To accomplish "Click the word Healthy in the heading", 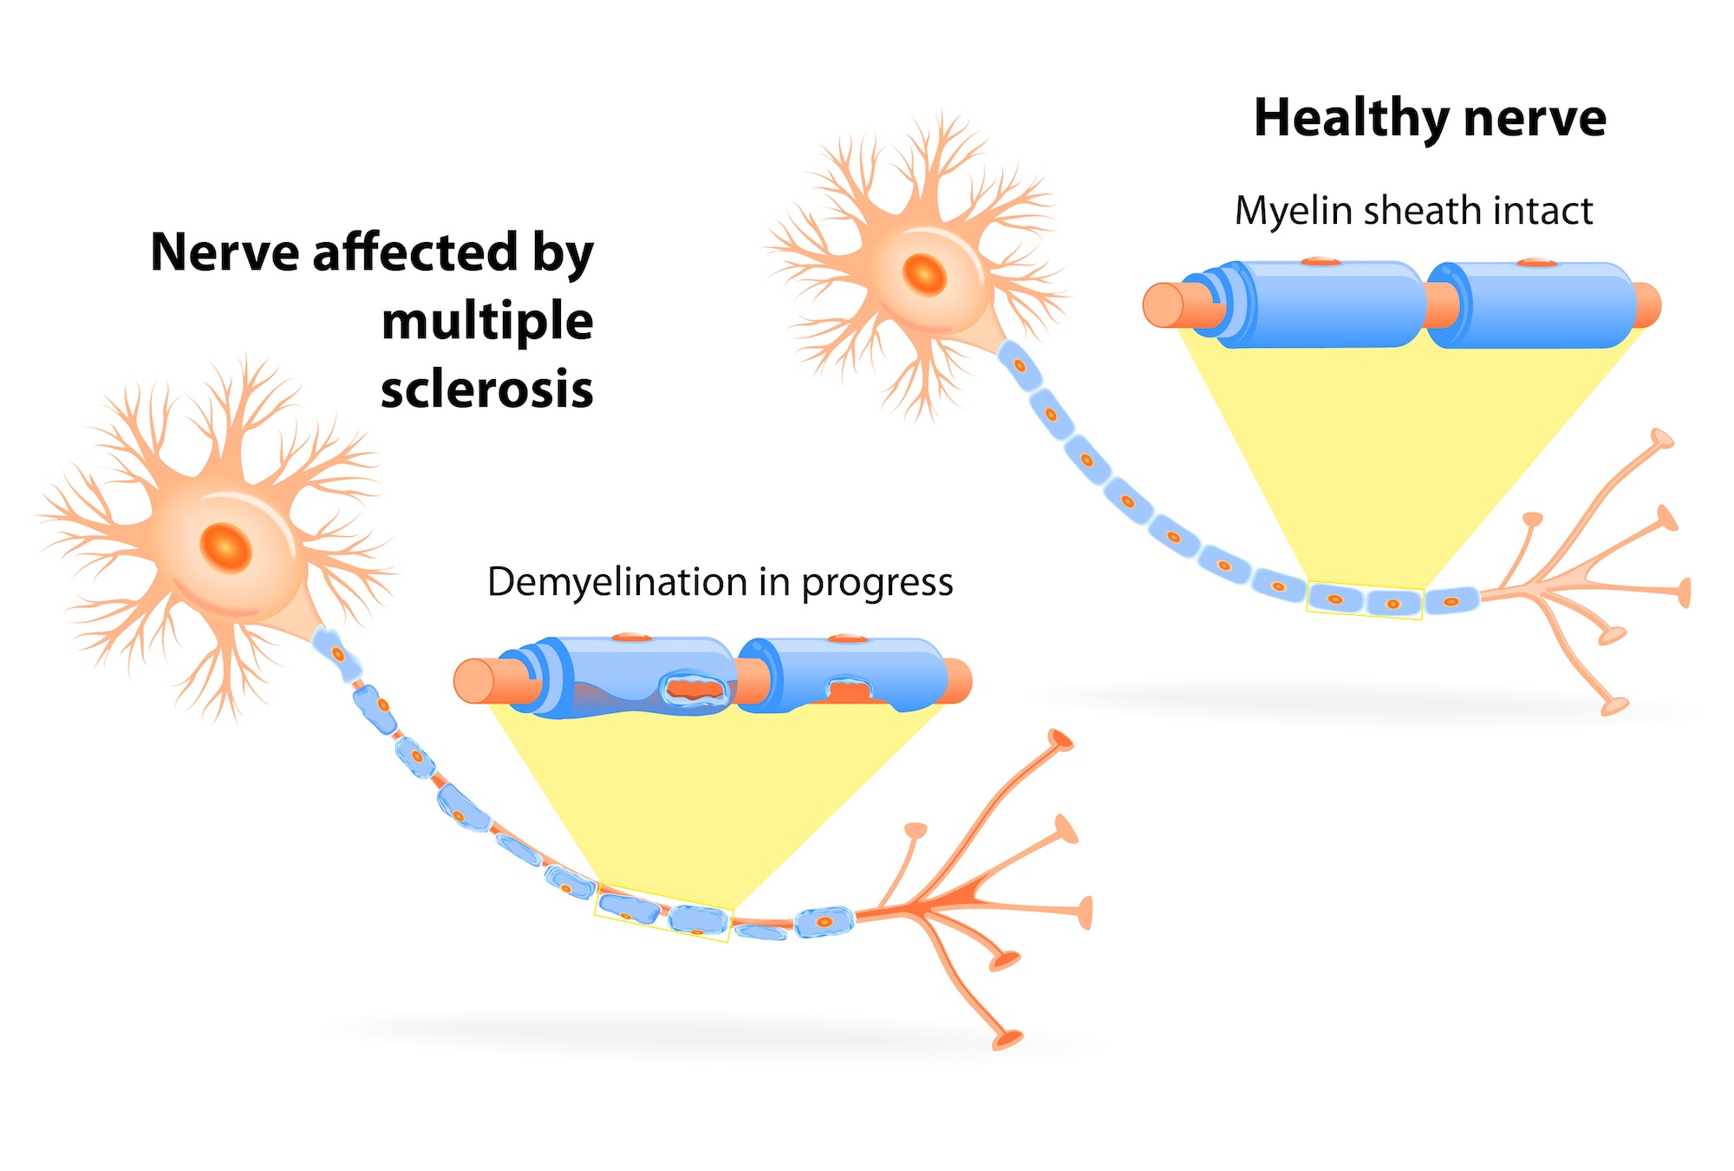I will point(1349,119).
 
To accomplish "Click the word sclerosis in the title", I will point(487,389).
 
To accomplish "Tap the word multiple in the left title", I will point(487,321).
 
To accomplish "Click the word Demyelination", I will point(616,582).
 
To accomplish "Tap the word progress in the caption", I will point(877,583).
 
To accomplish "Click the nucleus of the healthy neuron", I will point(924,274).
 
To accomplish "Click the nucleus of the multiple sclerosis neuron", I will point(225,547).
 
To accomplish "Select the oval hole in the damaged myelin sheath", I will point(693,690).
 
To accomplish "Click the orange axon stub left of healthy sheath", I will point(1166,305).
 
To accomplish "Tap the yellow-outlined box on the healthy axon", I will point(1364,599).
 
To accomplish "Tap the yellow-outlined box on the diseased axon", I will point(663,913).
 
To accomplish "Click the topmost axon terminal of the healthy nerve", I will point(1661,438).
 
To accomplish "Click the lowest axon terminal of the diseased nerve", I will point(1007,1038).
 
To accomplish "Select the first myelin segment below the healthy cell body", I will point(1018,365).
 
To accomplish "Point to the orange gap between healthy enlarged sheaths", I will point(1440,305).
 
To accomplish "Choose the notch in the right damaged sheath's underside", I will point(850,691).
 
